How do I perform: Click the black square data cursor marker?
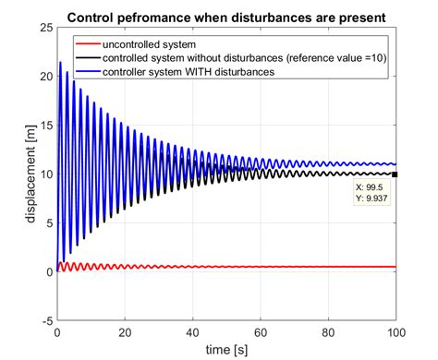pos(395,174)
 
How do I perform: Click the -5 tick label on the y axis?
pos(46,320)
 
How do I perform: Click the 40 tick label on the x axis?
pos(192,331)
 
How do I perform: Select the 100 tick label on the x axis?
pos(395,331)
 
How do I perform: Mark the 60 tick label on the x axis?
pos(260,331)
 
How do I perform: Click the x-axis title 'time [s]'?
pos(226,348)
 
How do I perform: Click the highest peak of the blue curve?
pos(60,63)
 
